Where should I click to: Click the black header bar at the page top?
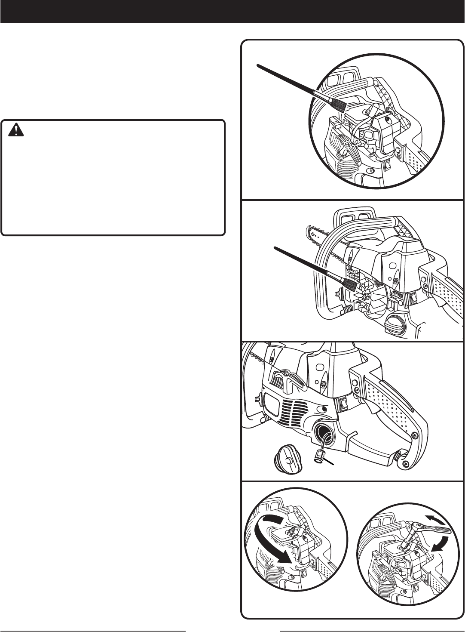coord(232,11)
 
